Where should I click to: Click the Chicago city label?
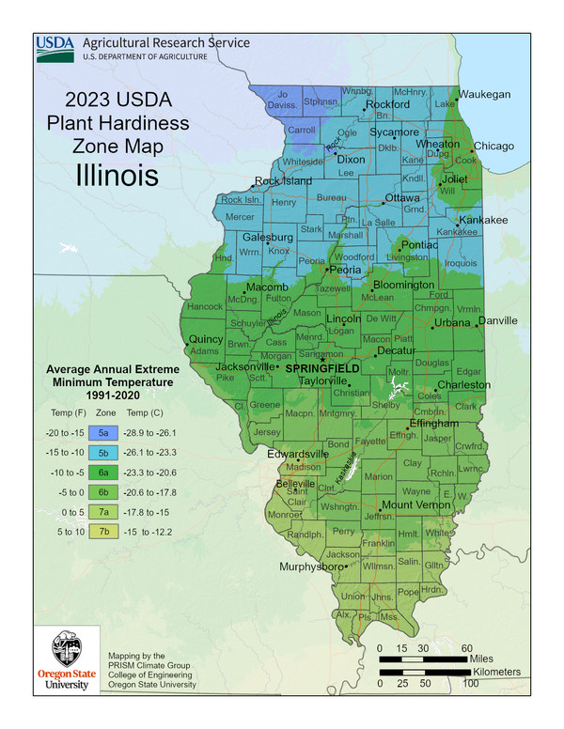[493, 146]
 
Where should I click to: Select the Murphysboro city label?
[312, 567]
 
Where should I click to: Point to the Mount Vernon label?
[418, 505]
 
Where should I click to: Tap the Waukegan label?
[485, 94]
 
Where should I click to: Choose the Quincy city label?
[206, 338]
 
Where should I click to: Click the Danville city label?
[497, 320]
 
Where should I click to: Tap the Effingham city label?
[433, 424]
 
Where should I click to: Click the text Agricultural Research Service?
[166, 42]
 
